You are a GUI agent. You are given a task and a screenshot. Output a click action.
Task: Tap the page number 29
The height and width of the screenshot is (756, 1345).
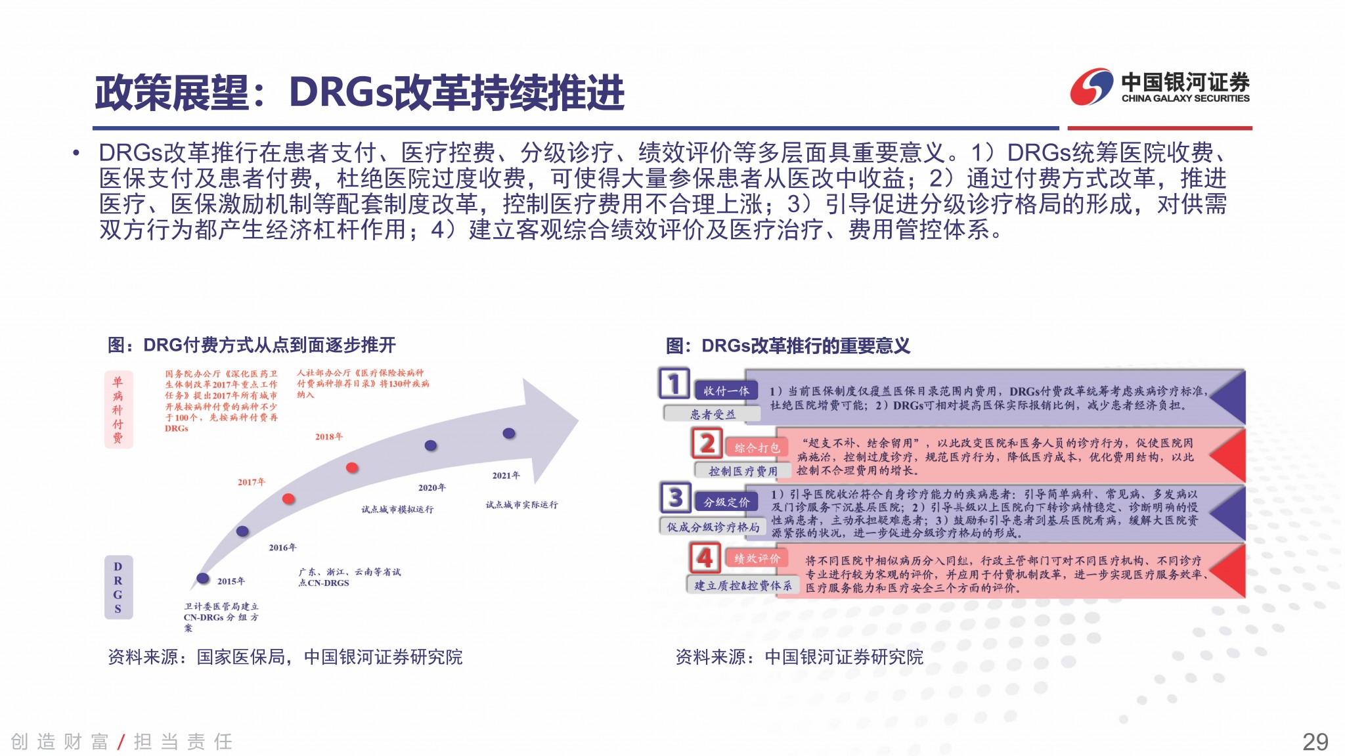tap(1315, 742)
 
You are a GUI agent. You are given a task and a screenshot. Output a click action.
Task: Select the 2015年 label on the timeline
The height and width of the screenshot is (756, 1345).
tap(231, 581)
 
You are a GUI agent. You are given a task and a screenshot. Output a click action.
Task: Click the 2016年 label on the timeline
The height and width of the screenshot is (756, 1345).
tap(282, 547)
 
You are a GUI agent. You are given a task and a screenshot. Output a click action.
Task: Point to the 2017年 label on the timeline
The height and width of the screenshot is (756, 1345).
tap(252, 482)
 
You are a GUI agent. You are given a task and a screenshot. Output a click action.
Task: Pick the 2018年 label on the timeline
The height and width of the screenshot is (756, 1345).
tap(329, 436)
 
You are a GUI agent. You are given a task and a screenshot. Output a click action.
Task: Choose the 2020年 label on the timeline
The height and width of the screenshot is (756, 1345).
tap(432, 487)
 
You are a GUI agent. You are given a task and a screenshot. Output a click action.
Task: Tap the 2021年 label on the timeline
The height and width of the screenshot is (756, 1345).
tap(506, 476)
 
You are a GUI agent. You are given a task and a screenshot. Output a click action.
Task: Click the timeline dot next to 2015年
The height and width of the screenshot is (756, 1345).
tap(203, 578)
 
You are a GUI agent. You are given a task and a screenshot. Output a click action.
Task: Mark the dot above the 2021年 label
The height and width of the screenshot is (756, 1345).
tap(509, 433)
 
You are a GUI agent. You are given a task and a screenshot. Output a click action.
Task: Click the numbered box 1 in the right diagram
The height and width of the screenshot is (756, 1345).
tap(674, 383)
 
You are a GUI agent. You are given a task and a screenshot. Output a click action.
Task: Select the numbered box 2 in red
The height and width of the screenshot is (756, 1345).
tap(707, 443)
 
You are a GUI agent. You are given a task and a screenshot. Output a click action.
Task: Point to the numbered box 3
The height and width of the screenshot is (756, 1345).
tap(675, 497)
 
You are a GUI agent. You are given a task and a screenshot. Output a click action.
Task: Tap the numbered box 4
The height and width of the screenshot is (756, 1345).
tap(705, 558)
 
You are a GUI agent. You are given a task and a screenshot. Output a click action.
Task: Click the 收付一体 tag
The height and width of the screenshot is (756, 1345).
tap(726, 391)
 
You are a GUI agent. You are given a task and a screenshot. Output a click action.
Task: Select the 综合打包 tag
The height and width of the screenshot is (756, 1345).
tap(757, 448)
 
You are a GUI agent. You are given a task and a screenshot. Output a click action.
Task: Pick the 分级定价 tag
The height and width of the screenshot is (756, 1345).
tap(726, 502)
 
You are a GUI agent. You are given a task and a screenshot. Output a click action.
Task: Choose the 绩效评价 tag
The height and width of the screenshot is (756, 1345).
tap(757, 558)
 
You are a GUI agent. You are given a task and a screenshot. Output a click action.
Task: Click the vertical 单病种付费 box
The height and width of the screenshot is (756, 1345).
tap(118, 410)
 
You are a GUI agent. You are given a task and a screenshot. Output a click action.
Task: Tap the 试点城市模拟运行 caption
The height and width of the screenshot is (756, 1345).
tap(397, 509)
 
